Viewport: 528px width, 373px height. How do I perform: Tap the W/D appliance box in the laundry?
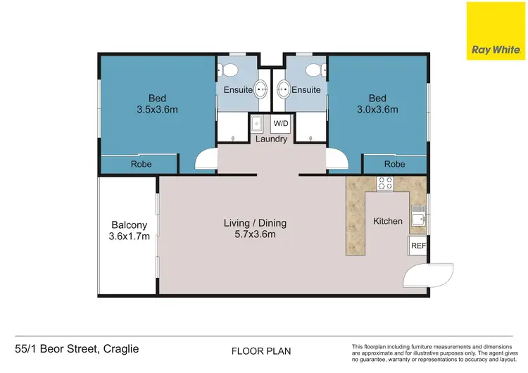(x=280, y=124)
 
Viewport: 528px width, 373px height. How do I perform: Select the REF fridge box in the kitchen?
(x=417, y=246)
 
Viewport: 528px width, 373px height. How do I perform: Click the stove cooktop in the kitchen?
(x=385, y=184)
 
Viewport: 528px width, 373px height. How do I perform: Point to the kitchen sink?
(x=418, y=213)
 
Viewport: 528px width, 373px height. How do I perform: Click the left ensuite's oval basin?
(x=260, y=89)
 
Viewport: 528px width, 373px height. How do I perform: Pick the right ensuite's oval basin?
(x=283, y=89)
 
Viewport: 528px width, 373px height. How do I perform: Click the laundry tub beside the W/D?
(x=258, y=124)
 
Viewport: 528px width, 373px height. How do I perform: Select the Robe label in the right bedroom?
(x=394, y=165)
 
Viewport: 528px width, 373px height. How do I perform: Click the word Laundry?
(x=271, y=139)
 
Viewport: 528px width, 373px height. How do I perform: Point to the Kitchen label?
(x=388, y=221)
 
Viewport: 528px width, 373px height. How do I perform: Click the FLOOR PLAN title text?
(x=260, y=350)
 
